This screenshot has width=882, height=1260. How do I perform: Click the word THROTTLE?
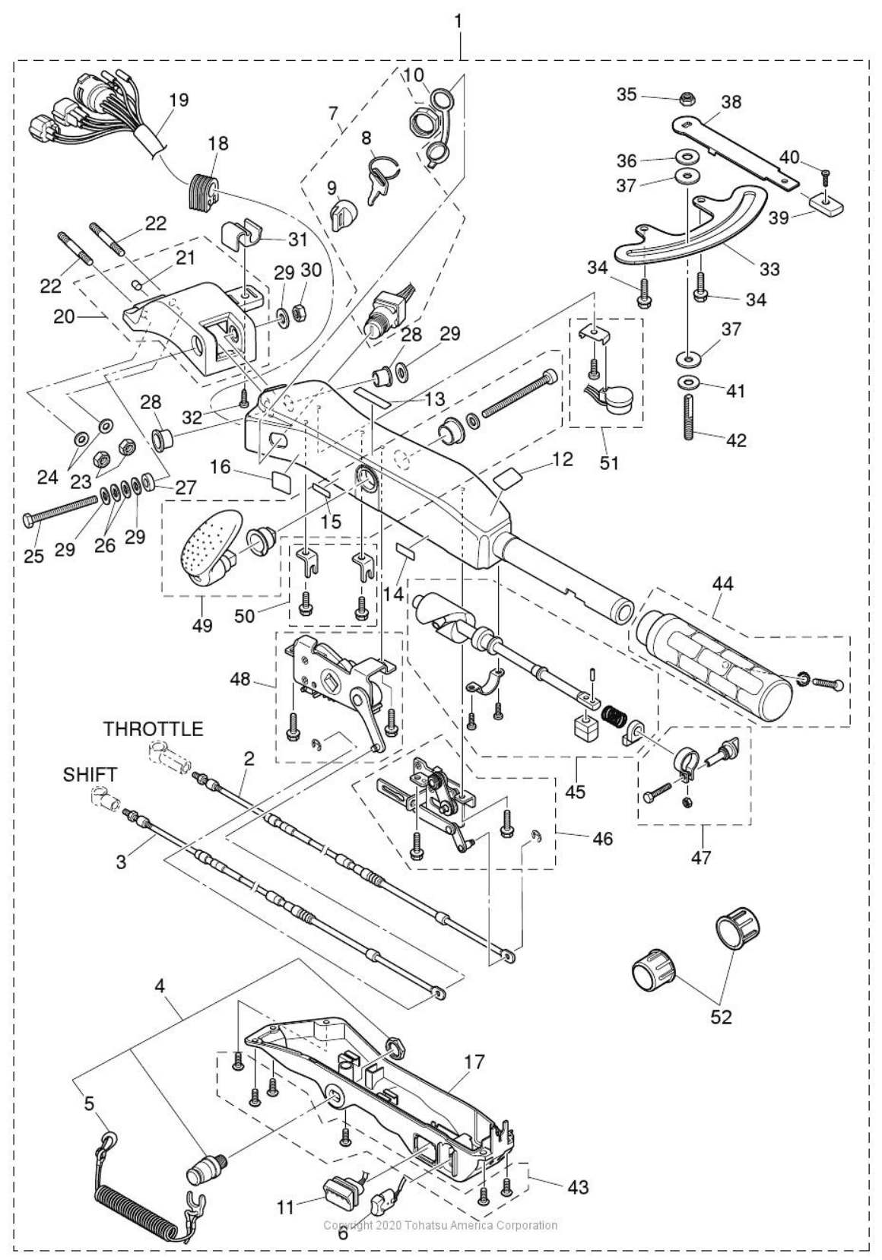click(154, 729)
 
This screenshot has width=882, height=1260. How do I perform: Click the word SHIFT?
click(90, 774)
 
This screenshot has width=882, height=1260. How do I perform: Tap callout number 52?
click(720, 1017)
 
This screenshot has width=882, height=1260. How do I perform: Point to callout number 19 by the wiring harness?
click(179, 100)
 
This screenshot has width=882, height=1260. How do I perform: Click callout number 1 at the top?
click(458, 22)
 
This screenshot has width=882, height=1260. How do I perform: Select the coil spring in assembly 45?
click(613, 716)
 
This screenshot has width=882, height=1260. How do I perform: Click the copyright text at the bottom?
click(440, 1225)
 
